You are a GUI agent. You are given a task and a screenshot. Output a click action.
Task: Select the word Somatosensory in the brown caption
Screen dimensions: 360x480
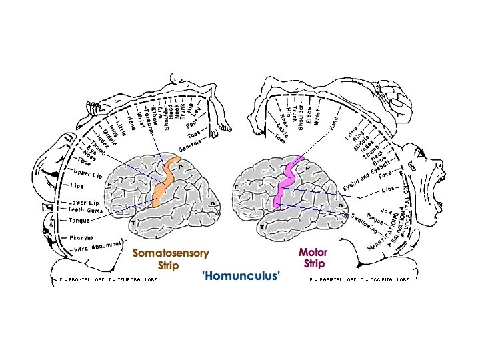(x=171, y=253)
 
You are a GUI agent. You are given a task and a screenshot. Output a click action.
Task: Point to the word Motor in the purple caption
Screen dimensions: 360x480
(x=313, y=253)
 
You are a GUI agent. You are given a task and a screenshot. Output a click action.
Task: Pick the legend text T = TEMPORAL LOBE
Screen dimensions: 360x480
(x=133, y=280)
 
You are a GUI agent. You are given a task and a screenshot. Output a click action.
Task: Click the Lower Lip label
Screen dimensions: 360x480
(x=84, y=203)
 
